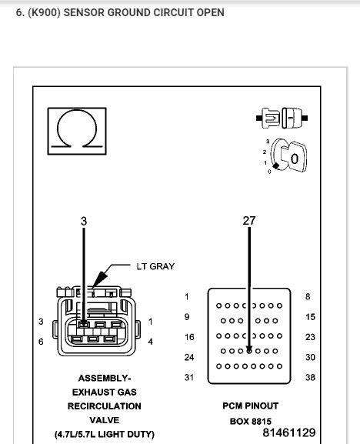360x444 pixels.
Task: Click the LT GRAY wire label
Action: tap(155, 266)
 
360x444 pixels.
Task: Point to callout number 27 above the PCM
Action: tap(248, 220)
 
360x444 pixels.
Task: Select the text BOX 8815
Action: tap(249, 421)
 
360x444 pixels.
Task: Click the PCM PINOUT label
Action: tap(249, 405)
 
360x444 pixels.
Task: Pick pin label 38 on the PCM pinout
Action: tap(311, 377)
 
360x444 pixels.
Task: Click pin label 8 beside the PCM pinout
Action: tap(308, 296)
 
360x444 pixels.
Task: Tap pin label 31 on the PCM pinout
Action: tap(188, 377)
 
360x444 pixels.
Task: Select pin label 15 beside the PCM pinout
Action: tap(311, 316)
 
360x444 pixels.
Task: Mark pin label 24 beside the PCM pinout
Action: tap(188, 357)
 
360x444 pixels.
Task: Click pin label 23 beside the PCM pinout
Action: tap(311, 337)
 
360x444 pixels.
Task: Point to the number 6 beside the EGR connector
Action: tap(41, 341)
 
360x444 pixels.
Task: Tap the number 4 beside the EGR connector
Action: tap(151, 341)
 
